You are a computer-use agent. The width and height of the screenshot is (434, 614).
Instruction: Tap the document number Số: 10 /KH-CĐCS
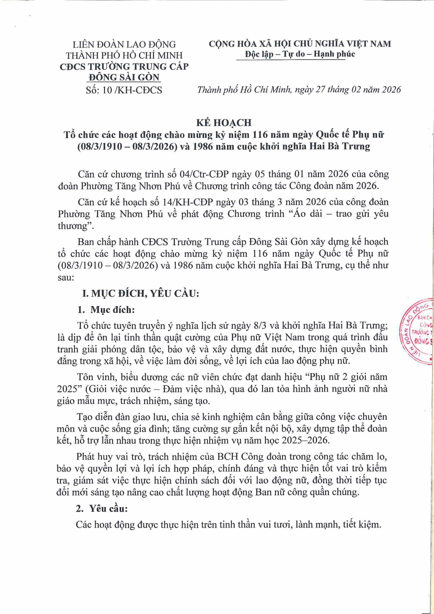(124, 90)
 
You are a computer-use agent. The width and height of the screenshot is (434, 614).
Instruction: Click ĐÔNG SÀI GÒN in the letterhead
(124, 77)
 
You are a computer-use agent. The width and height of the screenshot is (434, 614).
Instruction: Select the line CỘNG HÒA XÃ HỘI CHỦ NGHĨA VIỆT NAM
(300, 44)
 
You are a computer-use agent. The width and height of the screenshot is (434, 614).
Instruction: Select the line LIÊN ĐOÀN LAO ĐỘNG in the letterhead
(125, 44)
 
